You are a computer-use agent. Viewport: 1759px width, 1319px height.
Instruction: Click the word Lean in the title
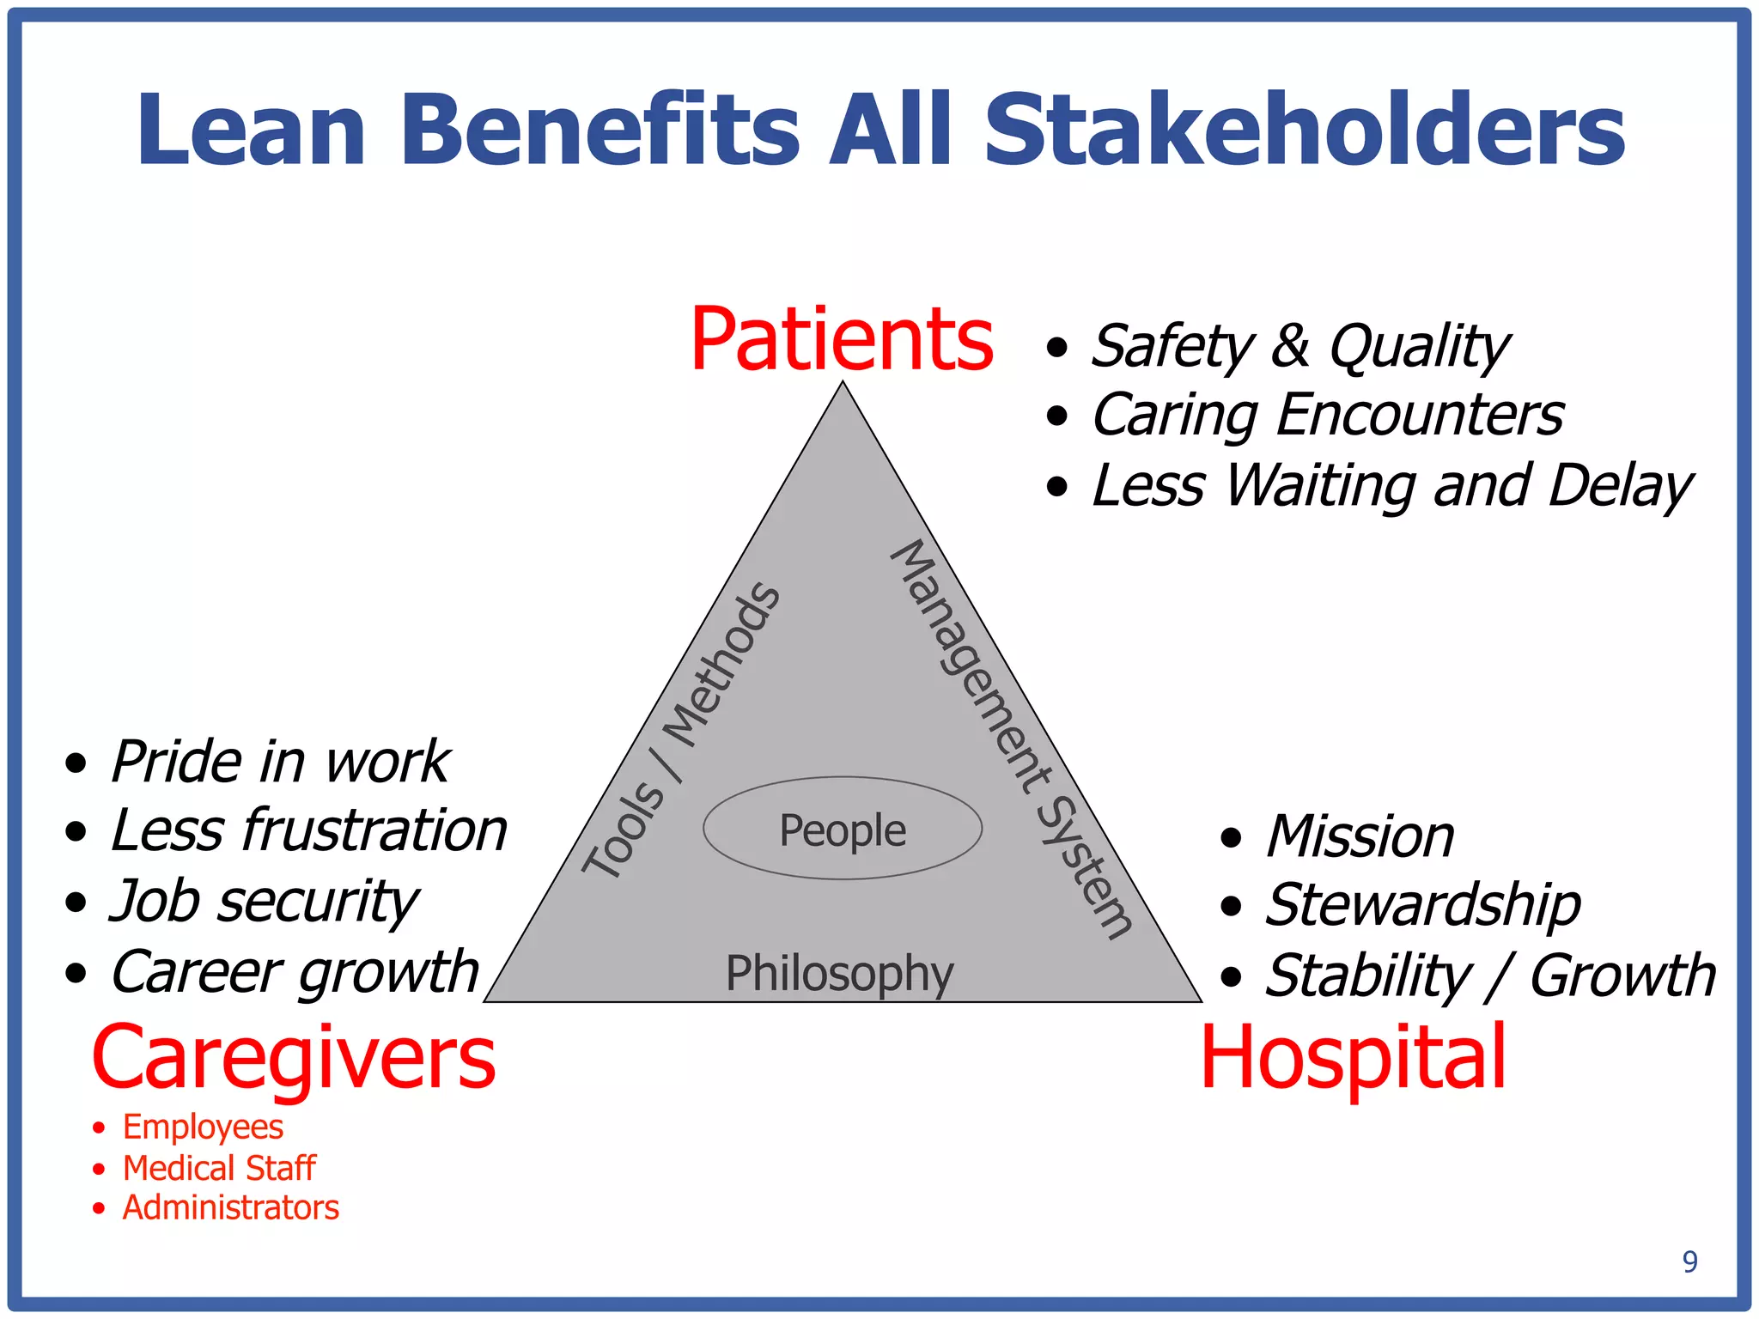pos(251,131)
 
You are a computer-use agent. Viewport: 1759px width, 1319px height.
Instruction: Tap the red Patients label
pos(842,340)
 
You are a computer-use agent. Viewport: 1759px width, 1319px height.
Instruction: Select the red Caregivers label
pos(294,1058)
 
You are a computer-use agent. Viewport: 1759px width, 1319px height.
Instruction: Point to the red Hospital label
pos(1353,1058)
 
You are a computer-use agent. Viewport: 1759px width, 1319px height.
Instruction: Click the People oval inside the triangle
pos(843,830)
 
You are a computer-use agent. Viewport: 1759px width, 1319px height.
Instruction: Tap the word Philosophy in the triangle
pos(839,974)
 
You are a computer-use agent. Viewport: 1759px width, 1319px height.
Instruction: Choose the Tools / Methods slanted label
pos(681,731)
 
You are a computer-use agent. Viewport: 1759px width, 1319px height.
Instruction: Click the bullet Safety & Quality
pos(1299,346)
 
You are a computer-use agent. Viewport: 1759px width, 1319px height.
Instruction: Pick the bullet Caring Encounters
pos(1327,416)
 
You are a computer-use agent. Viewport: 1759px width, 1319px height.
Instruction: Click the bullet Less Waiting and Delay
pos(1391,486)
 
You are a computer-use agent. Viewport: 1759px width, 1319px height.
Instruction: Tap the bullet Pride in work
pos(280,762)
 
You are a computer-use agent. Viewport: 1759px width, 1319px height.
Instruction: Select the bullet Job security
pos(264,902)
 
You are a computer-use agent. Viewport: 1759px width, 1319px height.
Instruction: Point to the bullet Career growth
pos(295,972)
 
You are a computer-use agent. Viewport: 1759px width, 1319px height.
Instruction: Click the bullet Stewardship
pos(1422,905)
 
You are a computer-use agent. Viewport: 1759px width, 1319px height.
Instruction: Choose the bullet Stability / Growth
pos(1490,976)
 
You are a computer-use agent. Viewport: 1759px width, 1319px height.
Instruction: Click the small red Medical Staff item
pos(219,1168)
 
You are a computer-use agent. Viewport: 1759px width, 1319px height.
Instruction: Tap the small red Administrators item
pos(230,1208)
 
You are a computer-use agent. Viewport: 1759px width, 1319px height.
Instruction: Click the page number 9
pos(1689,1261)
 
